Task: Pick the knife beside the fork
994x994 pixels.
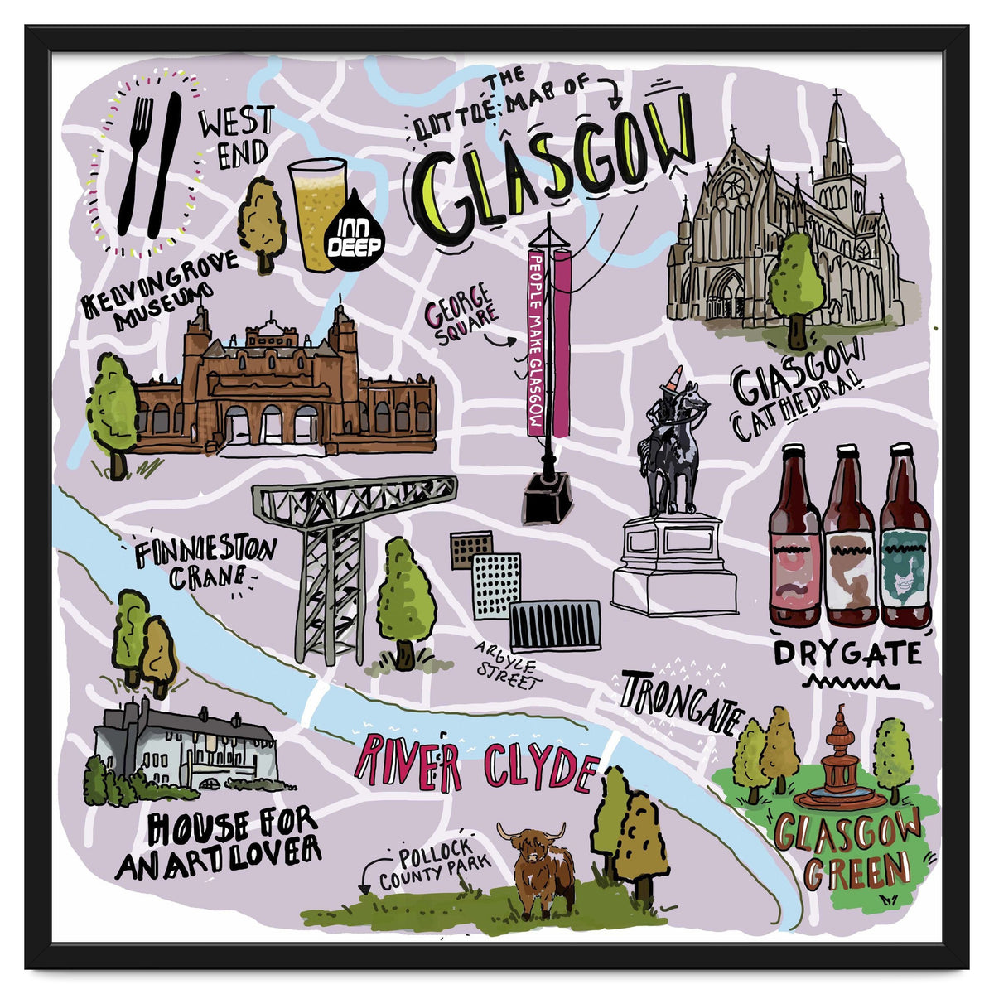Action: pos(166,162)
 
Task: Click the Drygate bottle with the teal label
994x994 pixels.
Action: pos(905,538)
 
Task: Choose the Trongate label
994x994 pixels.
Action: pos(681,702)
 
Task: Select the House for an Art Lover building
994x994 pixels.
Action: pos(186,745)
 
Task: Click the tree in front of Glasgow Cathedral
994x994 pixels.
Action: pos(796,286)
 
